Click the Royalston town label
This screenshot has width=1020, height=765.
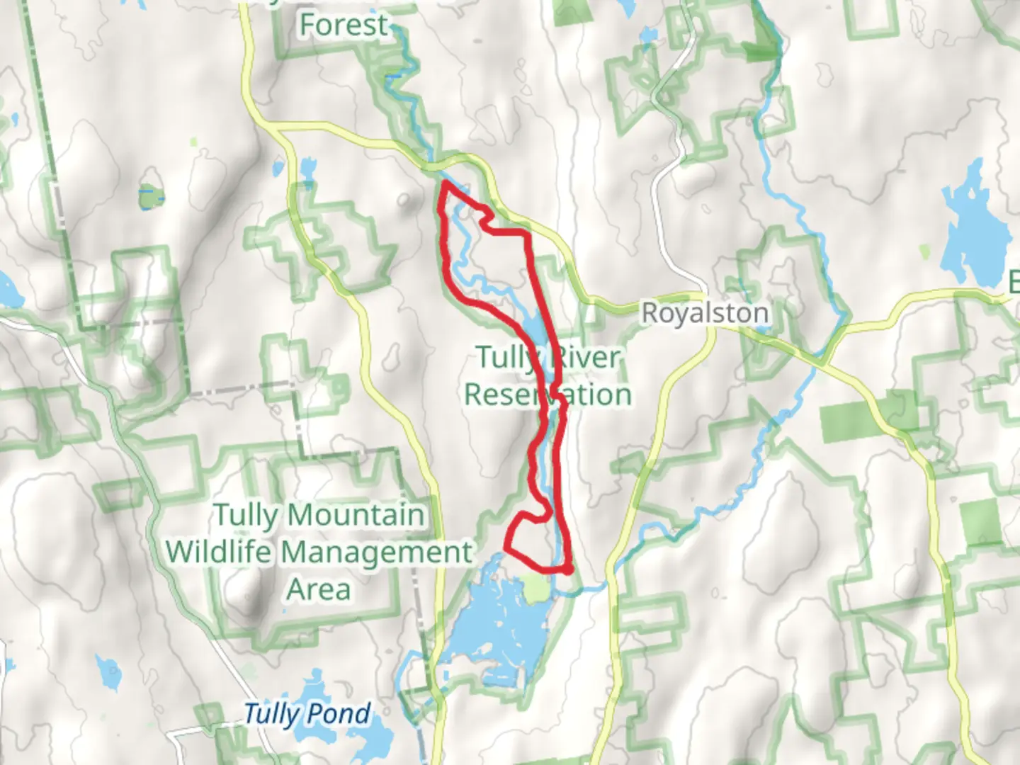(x=705, y=313)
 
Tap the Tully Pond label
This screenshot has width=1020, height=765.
(x=306, y=714)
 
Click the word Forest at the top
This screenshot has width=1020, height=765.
(x=344, y=25)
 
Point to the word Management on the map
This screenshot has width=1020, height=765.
(x=376, y=552)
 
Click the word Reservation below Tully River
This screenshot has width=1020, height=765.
(x=548, y=395)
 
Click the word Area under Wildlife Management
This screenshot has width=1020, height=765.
(x=319, y=589)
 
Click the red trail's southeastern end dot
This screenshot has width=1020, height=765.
(x=569, y=569)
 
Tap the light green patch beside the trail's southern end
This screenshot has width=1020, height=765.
(x=536, y=589)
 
